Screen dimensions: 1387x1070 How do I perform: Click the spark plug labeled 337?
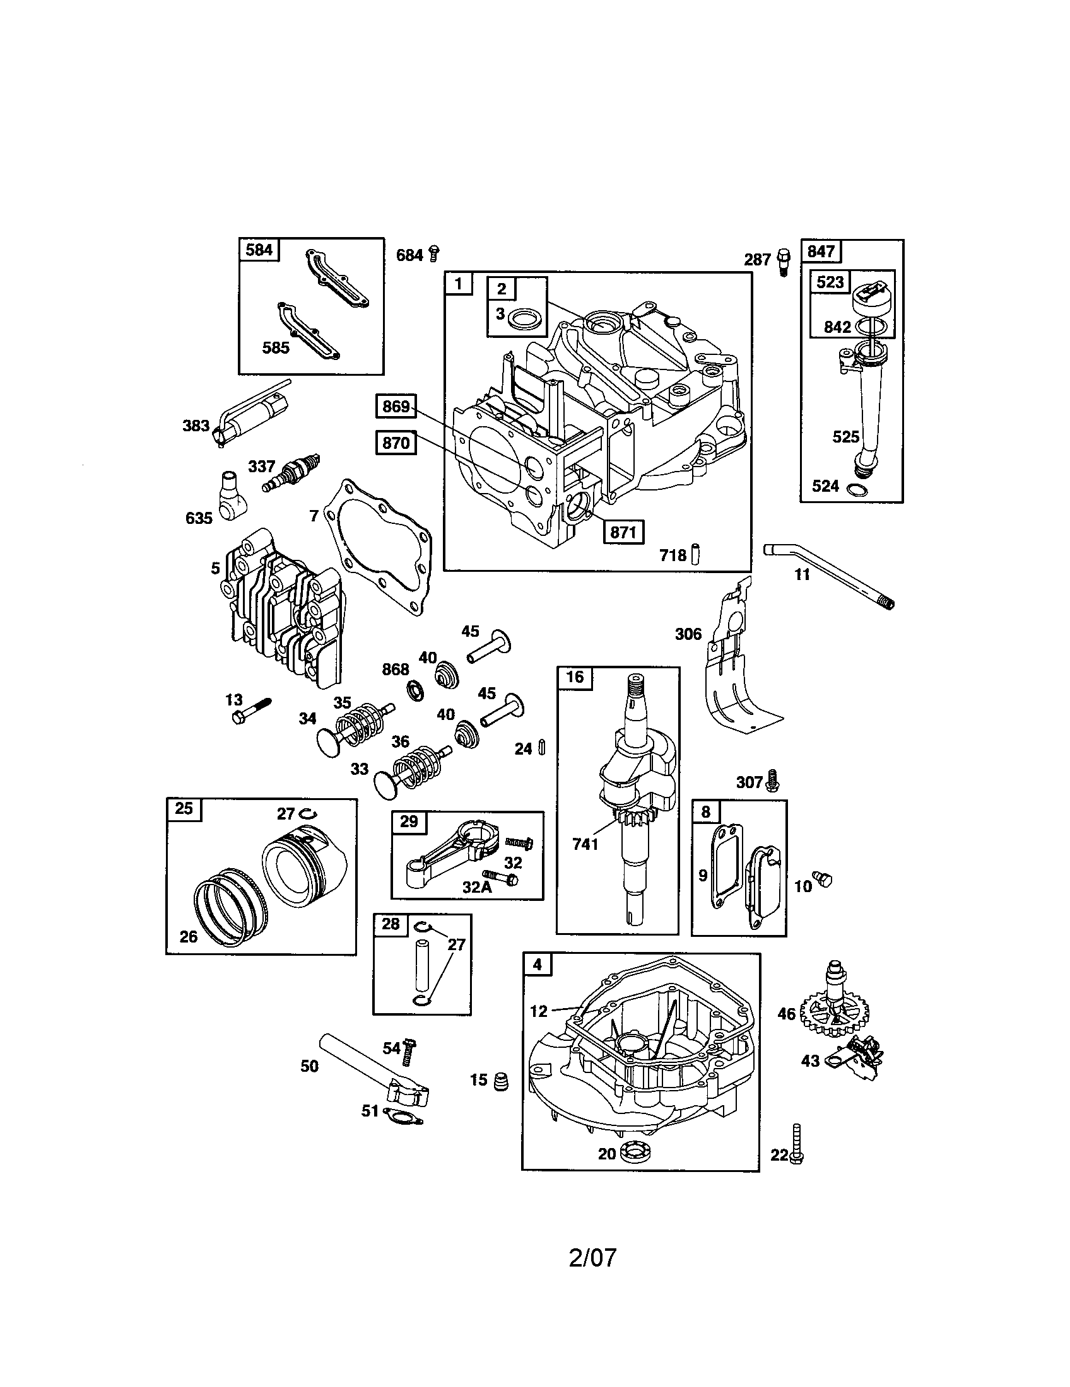[291, 473]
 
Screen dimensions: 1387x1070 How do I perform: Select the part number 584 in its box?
[259, 250]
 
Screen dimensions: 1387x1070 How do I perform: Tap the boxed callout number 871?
[623, 532]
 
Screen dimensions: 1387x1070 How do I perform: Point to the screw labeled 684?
[435, 253]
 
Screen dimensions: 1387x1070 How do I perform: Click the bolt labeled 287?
[783, 261]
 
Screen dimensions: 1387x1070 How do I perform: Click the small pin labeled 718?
[696, 553]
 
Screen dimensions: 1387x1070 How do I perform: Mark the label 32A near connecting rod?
[476, 887]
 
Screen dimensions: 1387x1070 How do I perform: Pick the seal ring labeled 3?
[527, 315]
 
